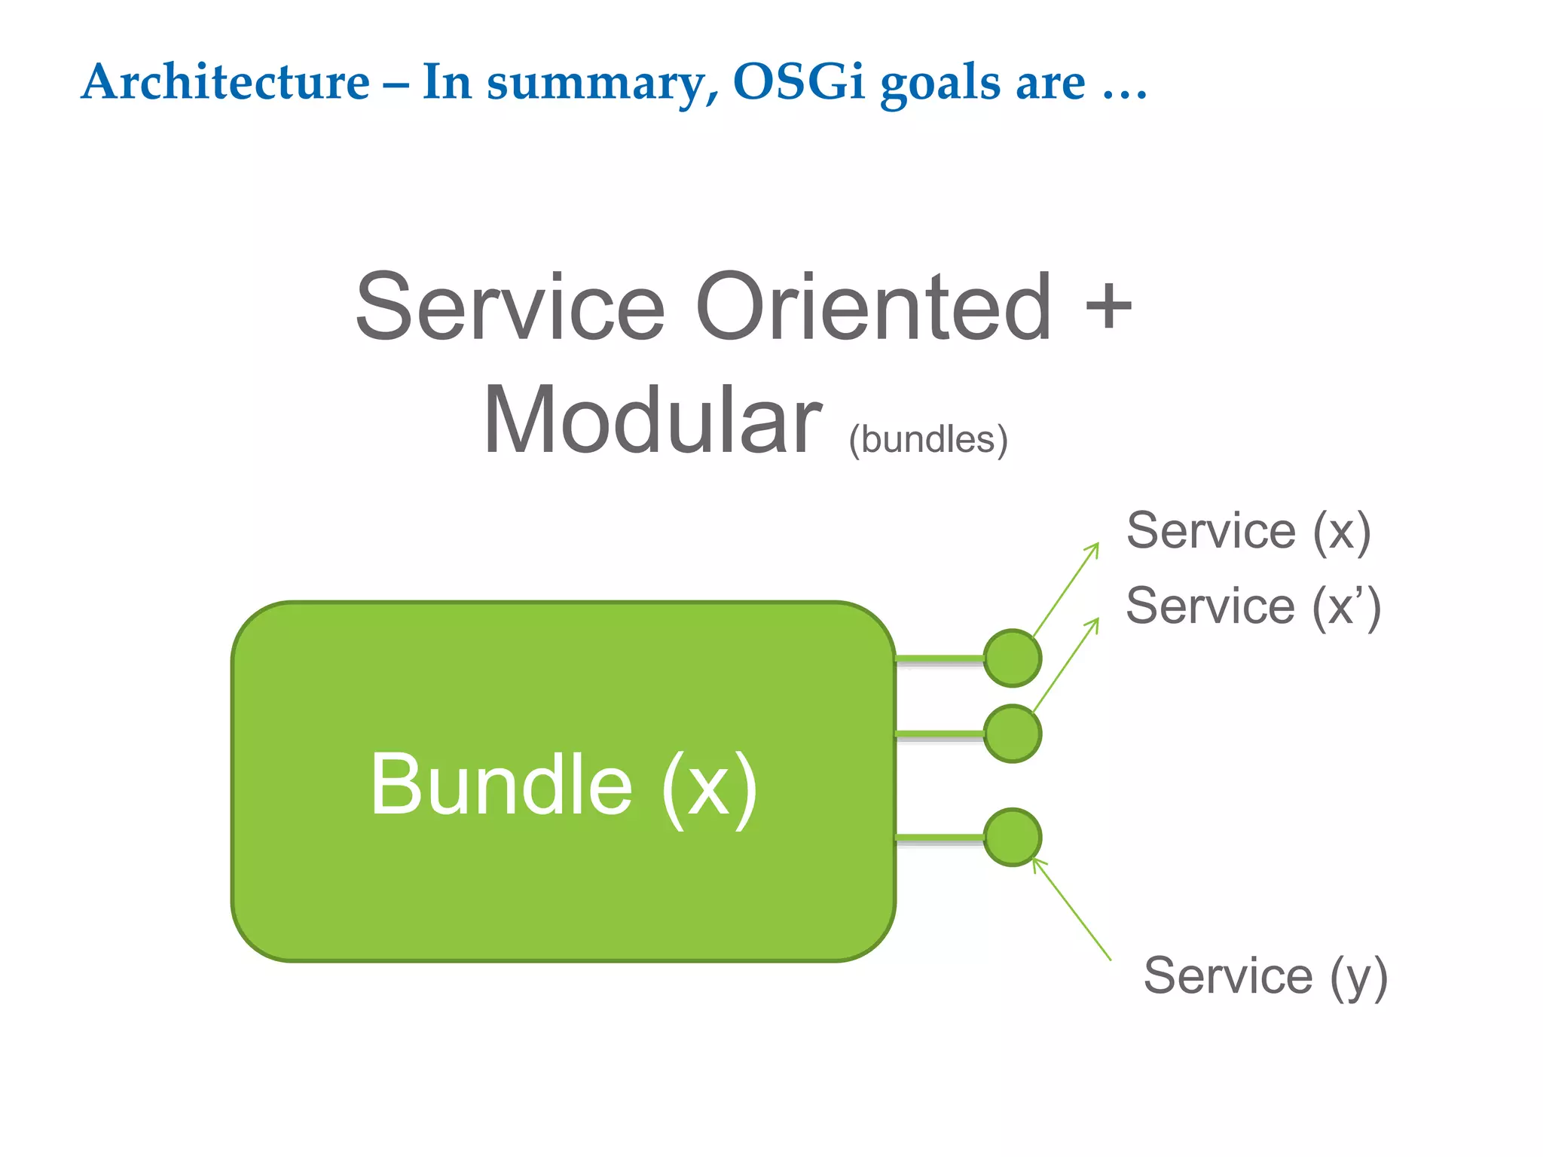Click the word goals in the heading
(x=941, y=84)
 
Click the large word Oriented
(x=872, y=307)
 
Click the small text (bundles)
(x=927, y=440)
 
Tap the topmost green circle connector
(x=1013, y=658)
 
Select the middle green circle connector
(x=1013, y=734)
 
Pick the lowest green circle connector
(x=1013, y=837)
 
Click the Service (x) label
(x=1248, y=532)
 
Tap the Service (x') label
(x=1252, y=607)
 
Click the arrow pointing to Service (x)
(x=1066, y=589)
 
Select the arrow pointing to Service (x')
(x=1066, y=664)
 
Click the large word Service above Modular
(x=510, y=307)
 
